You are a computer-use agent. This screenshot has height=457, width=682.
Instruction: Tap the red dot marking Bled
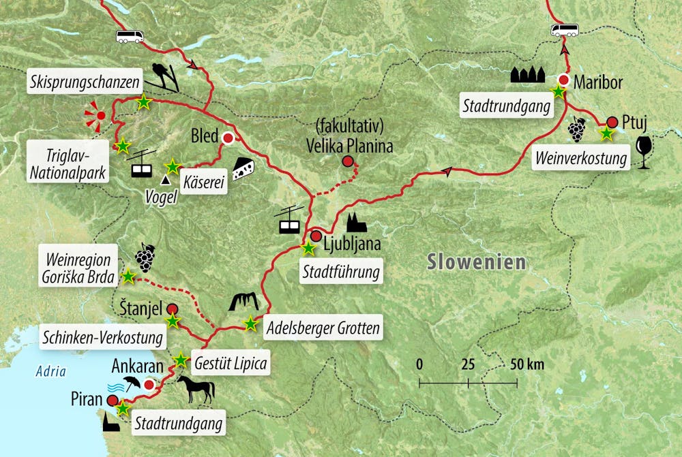point(228,138)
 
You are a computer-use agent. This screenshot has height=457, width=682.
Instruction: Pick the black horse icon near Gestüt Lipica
point(196,389)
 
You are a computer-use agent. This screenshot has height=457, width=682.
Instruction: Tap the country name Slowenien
point(477,262)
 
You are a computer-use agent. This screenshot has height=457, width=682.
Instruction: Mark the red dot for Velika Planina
point(348,161)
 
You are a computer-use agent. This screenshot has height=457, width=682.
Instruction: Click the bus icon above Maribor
point(564,30)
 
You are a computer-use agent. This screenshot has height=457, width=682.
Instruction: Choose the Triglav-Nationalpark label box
point(68,161)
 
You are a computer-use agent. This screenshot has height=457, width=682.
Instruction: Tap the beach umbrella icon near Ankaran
point(132,383)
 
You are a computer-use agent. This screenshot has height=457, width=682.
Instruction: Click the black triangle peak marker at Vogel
point(164,181)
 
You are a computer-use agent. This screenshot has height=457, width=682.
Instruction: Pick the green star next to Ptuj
point(606,134)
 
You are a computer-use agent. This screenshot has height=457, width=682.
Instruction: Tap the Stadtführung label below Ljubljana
point(340,274)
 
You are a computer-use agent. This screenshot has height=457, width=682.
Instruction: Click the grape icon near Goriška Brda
point(144,257)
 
